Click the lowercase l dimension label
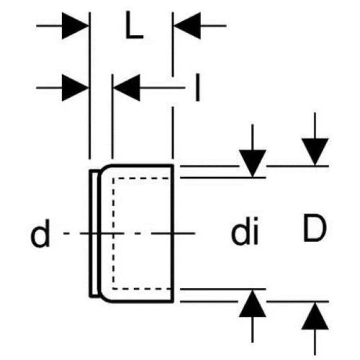coord(197,87)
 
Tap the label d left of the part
coord(40,233)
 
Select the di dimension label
coord(245,230)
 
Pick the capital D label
coord(315,228)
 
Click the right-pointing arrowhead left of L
coord(75,26)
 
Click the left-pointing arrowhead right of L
coord(187,26)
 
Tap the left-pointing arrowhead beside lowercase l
coord(127,88)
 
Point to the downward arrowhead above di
coord(253,163)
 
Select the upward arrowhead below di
coord(253,303)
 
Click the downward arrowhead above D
coord(315,152)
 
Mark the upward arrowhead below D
coord(315,315)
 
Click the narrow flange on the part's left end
coord(94,233)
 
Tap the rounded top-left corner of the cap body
coord(104,169)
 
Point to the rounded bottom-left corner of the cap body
coord(104,297)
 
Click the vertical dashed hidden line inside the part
coord(113,233)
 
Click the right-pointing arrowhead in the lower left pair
coord(75,88)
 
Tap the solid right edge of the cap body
coord(173,233)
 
